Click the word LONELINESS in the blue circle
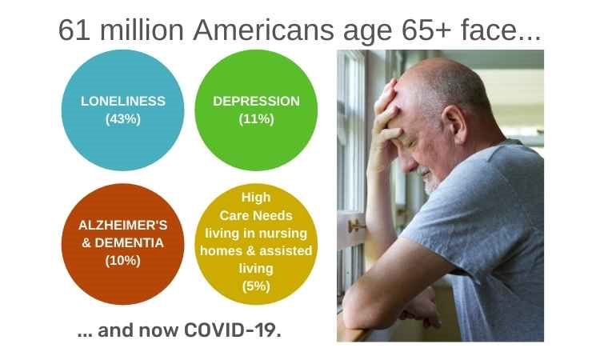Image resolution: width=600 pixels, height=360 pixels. [x=123, y=102]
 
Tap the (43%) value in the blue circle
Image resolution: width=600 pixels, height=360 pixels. [x=123, y=119]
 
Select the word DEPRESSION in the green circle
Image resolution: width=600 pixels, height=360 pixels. [x=256, y=102]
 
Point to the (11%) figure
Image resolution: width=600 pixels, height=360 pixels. [x=256, y=119]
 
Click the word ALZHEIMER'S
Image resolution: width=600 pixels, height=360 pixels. [x=123, y=225]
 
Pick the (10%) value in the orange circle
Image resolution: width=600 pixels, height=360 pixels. [x=123, y=261]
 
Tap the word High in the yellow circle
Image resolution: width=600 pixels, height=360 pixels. [x=256, y=198]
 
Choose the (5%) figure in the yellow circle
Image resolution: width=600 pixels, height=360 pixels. [x=256, y=286]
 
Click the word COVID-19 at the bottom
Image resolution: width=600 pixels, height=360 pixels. [x=232, y=330]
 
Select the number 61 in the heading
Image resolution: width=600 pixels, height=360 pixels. [x=74, y=30]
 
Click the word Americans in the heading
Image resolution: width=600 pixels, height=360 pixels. [x=264, y=30]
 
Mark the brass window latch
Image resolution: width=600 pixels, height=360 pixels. [x=356, y=226]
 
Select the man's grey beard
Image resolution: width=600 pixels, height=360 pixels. [x=430, y=181]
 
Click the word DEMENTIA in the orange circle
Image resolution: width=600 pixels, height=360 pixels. [x=129, y=243]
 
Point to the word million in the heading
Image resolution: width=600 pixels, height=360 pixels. [x=142, y=30]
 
